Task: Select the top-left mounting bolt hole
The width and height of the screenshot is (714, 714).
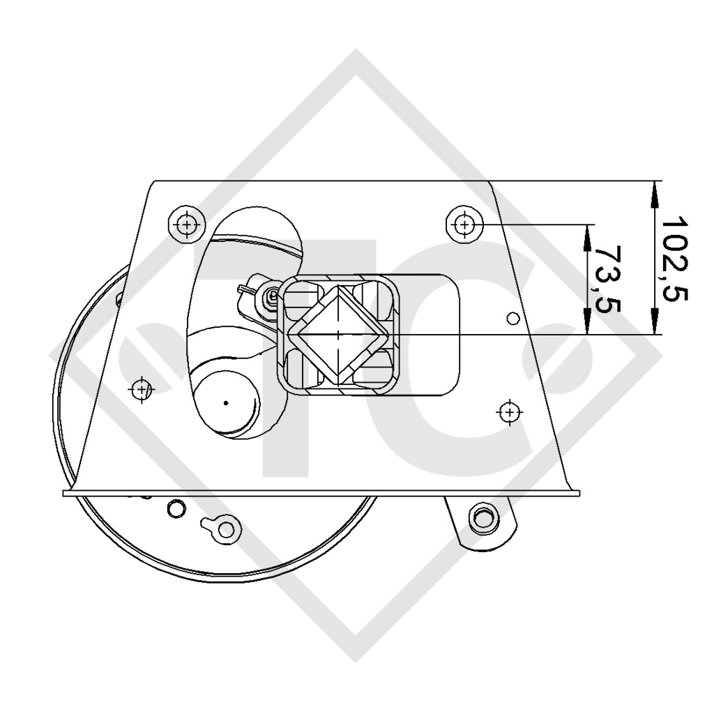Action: click(x=186, y=225)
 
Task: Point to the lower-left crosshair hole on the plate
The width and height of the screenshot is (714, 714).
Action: click(x=142, y=388)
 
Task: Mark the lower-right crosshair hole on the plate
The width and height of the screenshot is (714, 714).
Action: click(x=510, y=412)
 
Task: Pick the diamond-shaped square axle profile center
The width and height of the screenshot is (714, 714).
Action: click(x=339, y=335)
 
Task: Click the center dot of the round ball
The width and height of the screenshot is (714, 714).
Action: click(x=226, y=402)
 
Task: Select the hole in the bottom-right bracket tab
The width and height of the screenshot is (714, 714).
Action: click(x=480, y=516)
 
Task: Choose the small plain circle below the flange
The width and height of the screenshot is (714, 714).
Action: click(x=174, y=508)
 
